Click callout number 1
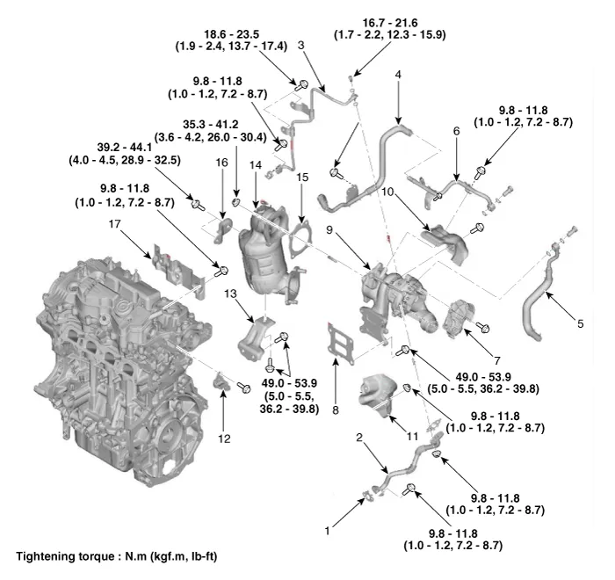[328, 531]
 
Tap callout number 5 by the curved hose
[580, 323]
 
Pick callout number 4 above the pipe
[398, 76]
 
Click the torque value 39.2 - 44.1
[112, 148]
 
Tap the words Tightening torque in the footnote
[57, 555]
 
